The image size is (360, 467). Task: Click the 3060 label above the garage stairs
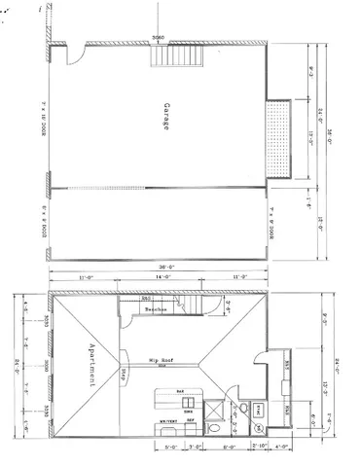pos(158,39)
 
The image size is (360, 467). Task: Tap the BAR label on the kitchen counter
pos(181,391)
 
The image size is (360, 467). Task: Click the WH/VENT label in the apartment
pos(167,421)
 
